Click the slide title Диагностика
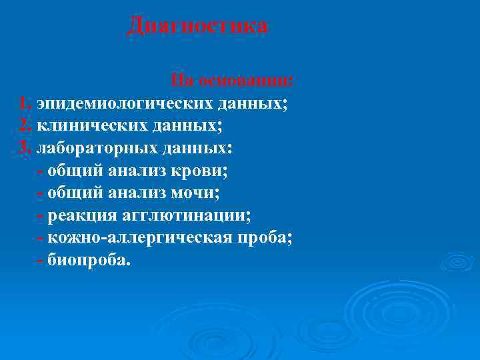tap(197, 27)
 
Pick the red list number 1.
tap(25, 103)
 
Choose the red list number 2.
tap(25, 125)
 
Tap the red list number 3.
tap(25, 147)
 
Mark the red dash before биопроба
tap(43, 260)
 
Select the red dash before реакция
tap(43, 215)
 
